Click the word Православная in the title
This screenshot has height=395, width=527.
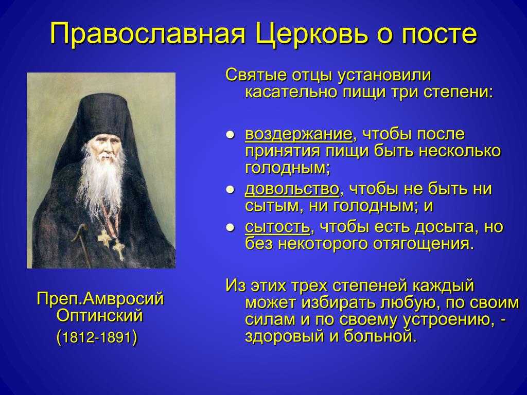click(x=148, y=33)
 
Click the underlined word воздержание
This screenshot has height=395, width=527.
click(x=299, y=134)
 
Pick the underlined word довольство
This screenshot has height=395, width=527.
click(x=292, y=189)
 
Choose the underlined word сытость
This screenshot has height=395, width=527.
click(x=277, y=227)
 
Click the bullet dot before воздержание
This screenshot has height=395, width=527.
click(x=230, y=136)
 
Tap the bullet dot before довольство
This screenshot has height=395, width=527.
click(x=230, y=190)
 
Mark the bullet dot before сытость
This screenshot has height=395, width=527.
click(x=230, y=228)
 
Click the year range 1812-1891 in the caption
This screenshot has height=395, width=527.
click(x=97, y=337)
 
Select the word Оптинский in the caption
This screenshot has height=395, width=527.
click(x=100, y=316)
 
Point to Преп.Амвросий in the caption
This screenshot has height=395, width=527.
click(x=100, y=299)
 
